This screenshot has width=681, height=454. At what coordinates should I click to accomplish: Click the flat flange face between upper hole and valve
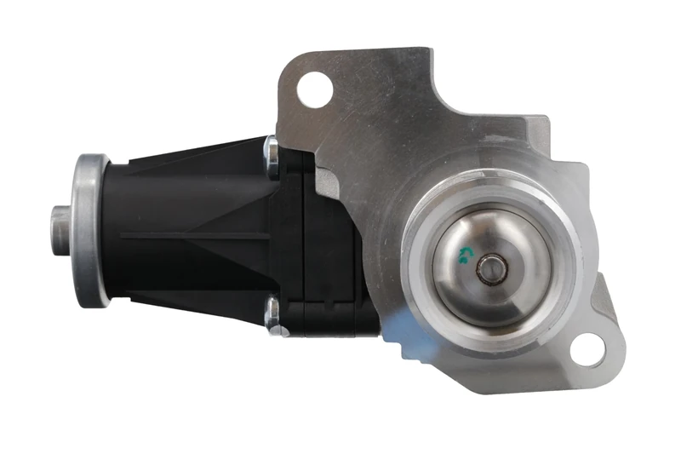tap(383, 145)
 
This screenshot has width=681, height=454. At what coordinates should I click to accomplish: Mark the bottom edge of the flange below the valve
tap(511, 388)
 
